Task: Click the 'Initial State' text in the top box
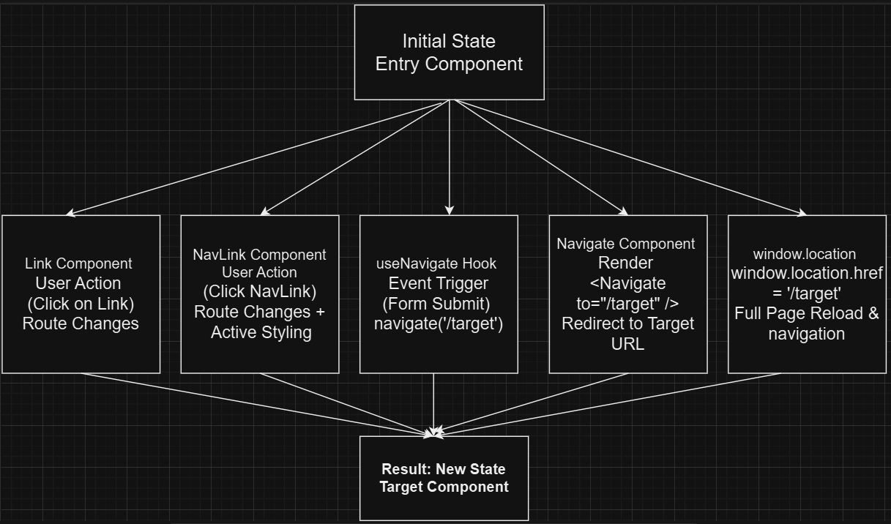pos(449,41)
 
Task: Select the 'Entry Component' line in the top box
pos(449,64)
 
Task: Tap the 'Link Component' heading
pos(78,263)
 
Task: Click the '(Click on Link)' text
pos(81,303)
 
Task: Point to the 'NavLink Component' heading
pos(259,255)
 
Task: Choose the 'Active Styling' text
pos(261,332)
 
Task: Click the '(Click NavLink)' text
pos(259,291)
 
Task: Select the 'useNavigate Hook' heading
pos(436,263)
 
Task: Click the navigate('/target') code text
pos(438,323)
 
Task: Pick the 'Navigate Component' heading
pos(626,244)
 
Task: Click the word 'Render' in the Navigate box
pos(625,262)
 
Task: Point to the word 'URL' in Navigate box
pos(627,344)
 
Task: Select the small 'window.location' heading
pos(804,254)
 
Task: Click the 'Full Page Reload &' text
pos(806,314)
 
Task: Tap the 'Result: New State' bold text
pos(443,469)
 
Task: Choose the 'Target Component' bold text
pos(444,487)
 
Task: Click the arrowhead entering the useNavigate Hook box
pos(450,211)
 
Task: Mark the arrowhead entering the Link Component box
pos(70,214)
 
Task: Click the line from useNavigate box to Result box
pos(434,403)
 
